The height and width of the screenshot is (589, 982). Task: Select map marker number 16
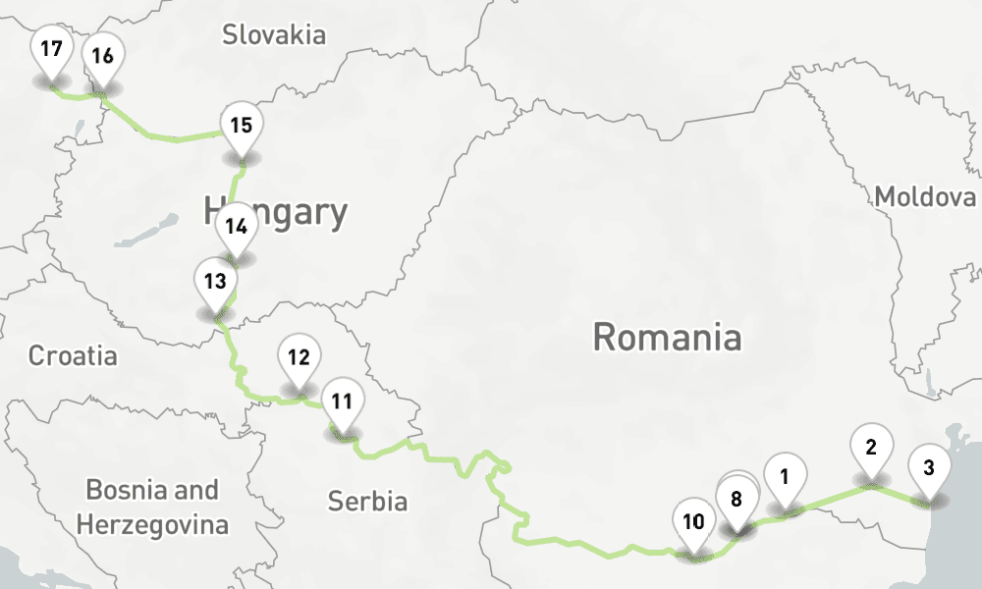(x=102, y=56)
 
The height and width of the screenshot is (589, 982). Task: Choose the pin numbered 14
(x=235, y=226)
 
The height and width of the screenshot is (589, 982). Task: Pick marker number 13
(x=215, y=281)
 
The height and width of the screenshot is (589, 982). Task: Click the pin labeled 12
(x=299, y=357)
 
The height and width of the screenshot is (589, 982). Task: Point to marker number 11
(x=342, y=402)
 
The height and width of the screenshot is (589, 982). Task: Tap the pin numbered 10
(x=693, y=521)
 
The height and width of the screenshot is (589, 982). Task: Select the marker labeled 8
(x=736, y=499)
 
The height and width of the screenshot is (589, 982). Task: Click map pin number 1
(x=784, y=477)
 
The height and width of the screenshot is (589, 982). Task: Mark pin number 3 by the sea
(x=929, y=468)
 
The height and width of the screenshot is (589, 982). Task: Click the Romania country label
(x=667, y=338)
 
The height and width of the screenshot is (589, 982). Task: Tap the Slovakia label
(x=273, y=35)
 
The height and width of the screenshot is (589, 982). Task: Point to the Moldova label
(x=925, y=196)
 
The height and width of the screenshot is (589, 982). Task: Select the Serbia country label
(x=367, y=502)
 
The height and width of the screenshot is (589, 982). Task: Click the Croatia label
(x=72, y=354)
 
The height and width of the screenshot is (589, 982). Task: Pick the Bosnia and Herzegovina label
(x=152, y=507)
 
